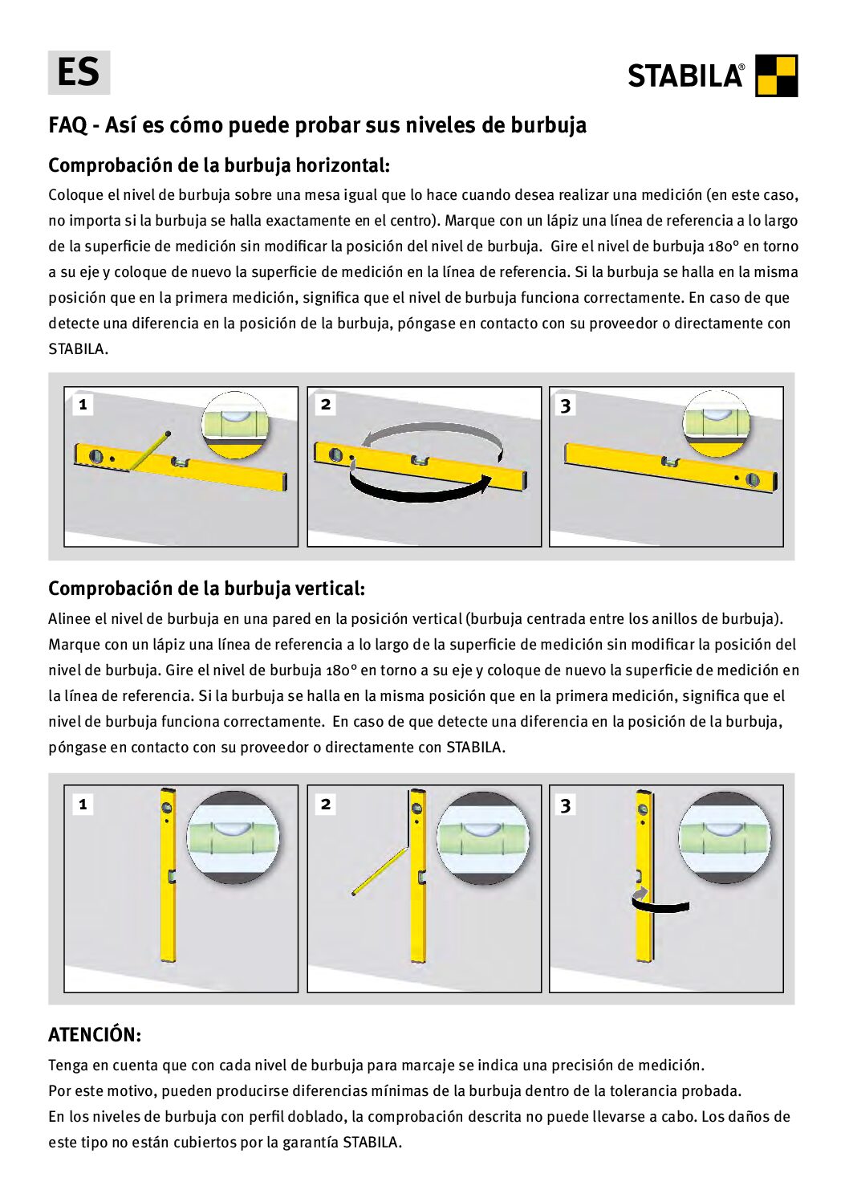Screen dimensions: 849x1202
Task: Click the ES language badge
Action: [x=79, y=72]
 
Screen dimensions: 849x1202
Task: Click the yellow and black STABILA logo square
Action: [x=776, y=75]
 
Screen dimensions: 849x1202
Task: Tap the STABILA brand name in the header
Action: [x=685, y=76]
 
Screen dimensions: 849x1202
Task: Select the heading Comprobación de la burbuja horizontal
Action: [x=218, y=165]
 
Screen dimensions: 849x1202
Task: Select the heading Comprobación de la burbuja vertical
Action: [x=206, y=589]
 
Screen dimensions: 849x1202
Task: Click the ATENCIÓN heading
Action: [x=94, y=1034]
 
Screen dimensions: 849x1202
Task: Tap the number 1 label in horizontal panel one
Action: [x=83, y=405]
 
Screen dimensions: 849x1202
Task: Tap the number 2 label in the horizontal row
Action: [x=326, y=405]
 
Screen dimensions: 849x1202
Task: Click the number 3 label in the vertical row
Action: [x=566, y=805]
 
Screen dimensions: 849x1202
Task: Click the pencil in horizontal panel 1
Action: [x=148, y=451]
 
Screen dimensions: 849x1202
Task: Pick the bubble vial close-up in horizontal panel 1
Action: [x=234, y=424]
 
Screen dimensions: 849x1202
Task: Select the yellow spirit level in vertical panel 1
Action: [x=168, y=875]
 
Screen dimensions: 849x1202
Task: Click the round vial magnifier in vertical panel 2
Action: [x=483, y=837]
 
